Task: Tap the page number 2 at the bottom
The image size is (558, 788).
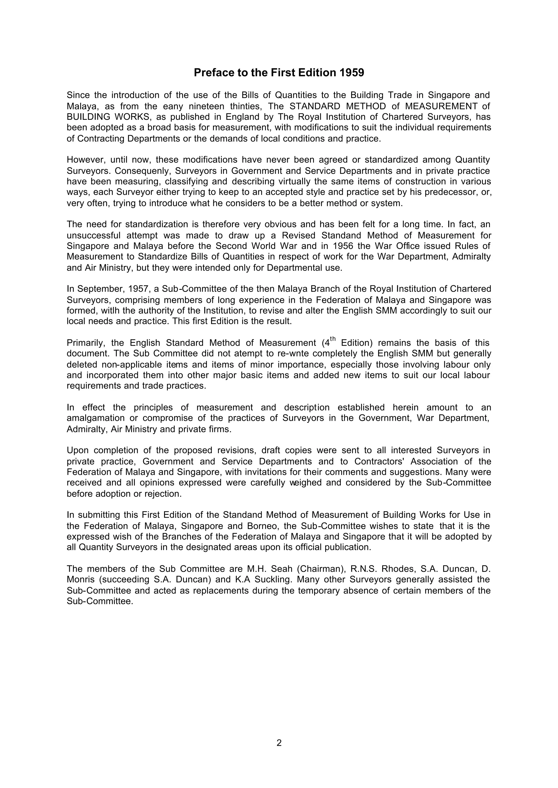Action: coord(279,743)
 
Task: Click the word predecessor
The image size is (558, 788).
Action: coord(449,192)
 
